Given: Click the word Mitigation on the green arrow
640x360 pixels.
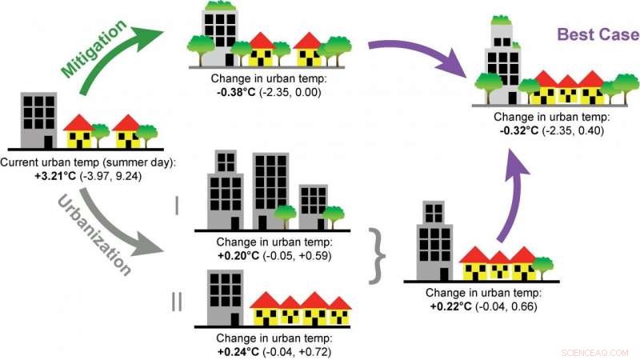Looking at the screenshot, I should point(94,49).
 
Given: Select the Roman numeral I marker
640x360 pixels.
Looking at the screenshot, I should point(177,207).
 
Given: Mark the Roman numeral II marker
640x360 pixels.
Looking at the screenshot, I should point(177,302).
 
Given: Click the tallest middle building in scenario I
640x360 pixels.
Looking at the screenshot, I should point(270,190).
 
